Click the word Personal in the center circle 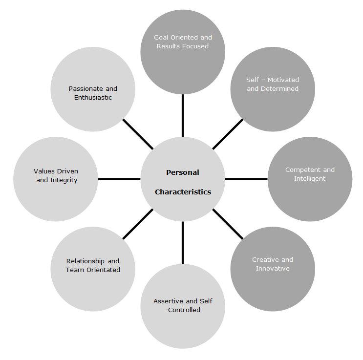coord(183,172)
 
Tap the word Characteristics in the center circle coord(183,192)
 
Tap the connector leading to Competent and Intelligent coord(246,179)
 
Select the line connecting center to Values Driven coord(119,179)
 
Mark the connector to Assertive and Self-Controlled coord(183,242)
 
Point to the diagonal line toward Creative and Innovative coord(228,224)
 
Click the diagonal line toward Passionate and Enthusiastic coord(138,134)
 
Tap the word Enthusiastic coord(93,98)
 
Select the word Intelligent coord(310,179)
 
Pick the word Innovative coord(273,269)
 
